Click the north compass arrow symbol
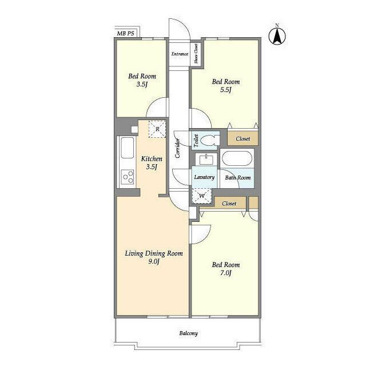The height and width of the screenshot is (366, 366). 277,35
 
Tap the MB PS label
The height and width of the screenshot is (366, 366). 126,33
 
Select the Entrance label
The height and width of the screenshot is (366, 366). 180,54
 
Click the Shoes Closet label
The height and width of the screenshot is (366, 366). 196,53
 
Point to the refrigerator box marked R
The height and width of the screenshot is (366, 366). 157,129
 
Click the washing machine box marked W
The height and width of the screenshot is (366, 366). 202,196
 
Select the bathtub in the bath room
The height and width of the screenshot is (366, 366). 237,158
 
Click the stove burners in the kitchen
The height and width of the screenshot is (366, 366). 127,177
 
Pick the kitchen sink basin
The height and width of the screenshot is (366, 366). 127,148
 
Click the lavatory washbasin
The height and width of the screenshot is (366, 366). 206,159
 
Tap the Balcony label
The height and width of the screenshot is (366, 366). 189,333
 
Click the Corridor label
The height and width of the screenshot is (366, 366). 178,148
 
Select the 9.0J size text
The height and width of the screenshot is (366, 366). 154,262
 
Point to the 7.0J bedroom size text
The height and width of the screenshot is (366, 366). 226,273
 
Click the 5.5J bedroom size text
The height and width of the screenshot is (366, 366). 226,90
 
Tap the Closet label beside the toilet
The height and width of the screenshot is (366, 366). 242,139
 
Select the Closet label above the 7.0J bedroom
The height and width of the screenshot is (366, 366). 229,204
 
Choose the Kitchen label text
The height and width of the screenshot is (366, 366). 152,159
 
